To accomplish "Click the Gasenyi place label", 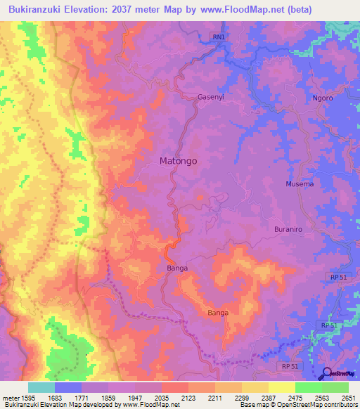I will click(211, 97).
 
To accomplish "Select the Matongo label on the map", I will click(178, 161).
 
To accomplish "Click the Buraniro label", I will click(291, 230).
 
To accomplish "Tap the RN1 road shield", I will click(219, 37).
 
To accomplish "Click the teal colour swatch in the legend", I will click(41, 387).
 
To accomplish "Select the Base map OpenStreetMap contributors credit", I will click(297, 405).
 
